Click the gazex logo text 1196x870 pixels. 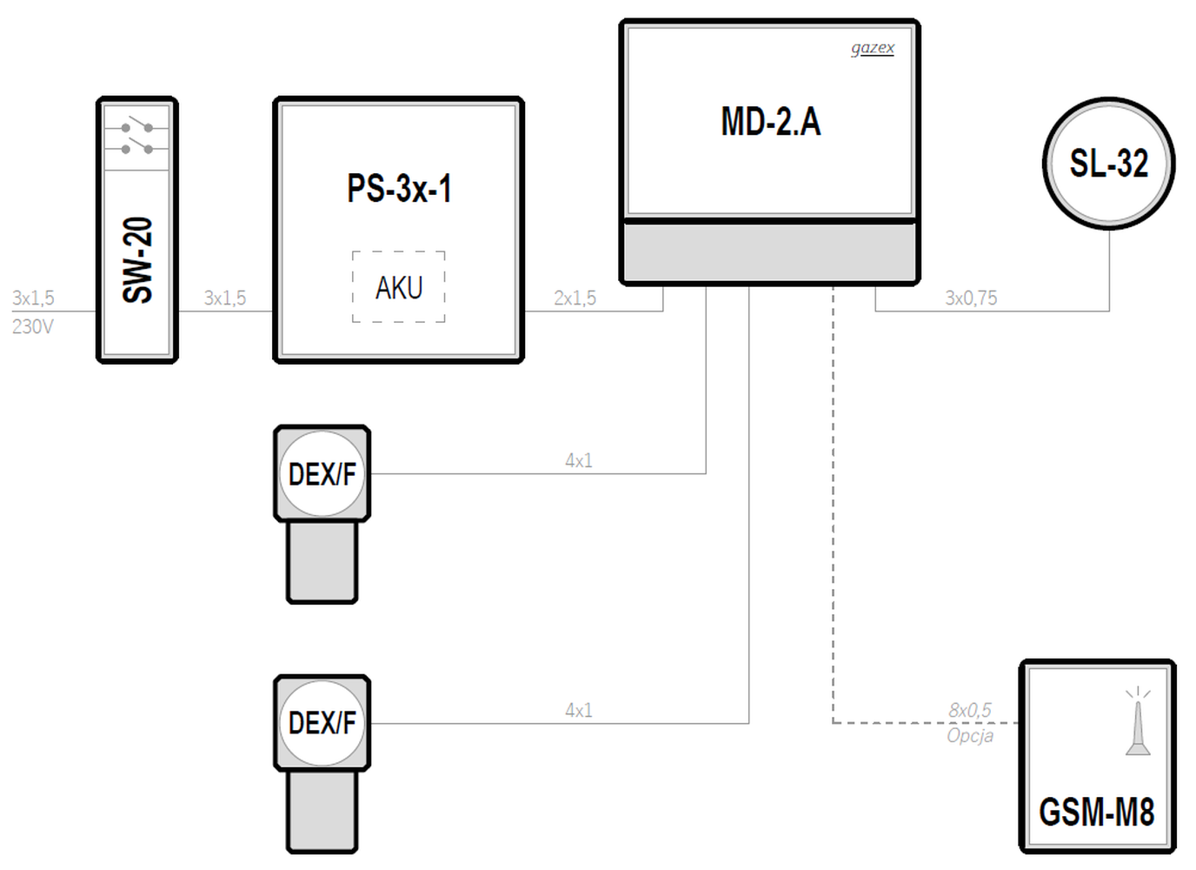[873, 48]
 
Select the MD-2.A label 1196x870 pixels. [771, 121]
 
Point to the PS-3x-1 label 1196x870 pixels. [399, 188]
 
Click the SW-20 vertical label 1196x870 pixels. [137, 260]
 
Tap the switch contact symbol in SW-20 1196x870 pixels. [136, 138]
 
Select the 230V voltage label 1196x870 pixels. [32, 326]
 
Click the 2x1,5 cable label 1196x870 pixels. [575, 298]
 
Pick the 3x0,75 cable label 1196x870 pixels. [971, 298]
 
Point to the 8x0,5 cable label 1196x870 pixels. [970, 710]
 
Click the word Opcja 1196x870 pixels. [970, 736]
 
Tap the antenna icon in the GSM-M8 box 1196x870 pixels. [1138, 721]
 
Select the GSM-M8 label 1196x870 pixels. [1097, 812]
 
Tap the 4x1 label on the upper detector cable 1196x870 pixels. [579, 460]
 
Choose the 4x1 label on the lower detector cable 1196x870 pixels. [579, 710]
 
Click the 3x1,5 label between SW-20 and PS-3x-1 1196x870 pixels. [225, 298]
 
